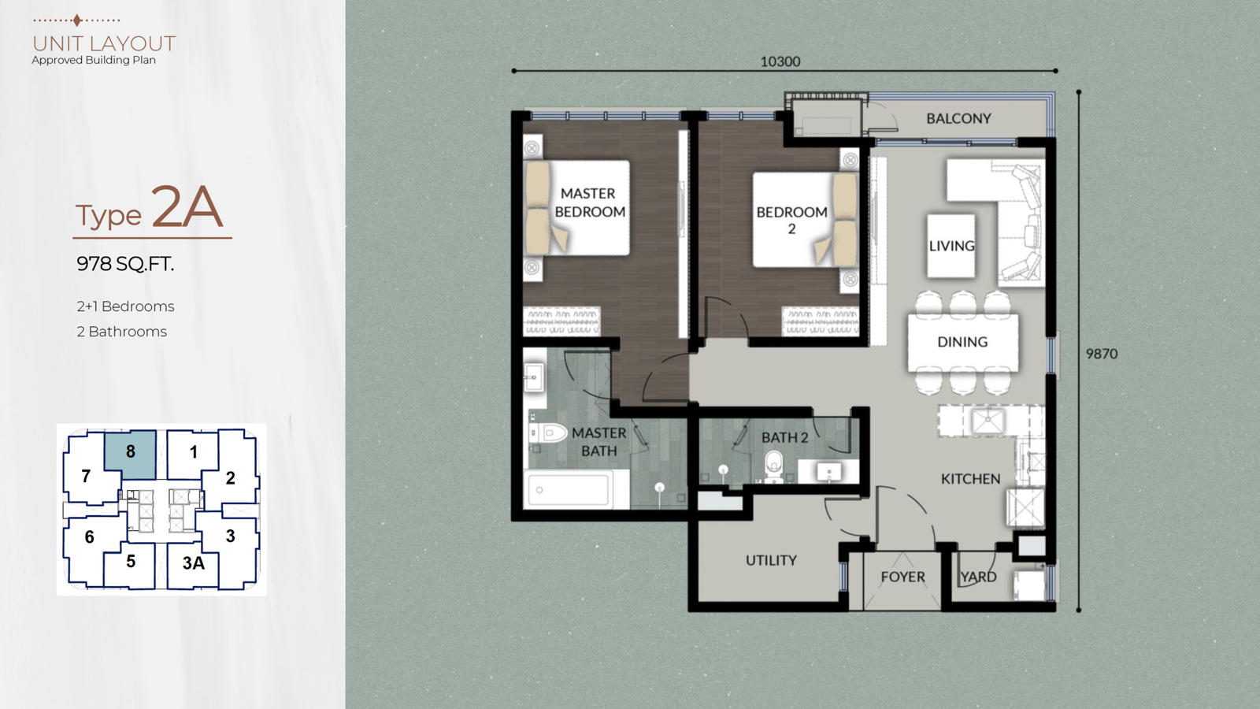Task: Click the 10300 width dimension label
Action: (780, 61)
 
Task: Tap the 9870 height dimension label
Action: (1102, 354)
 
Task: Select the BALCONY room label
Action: (958, 119)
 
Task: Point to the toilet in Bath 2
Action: (774, 465)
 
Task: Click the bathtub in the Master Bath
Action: (569, 489)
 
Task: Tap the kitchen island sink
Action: (988, 421)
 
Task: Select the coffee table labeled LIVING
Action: (951, 245)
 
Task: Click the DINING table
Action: (962, 342)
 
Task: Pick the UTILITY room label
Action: (771, 560)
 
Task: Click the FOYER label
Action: (902, 577)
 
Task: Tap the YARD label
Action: (978, 577)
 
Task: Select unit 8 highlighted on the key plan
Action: (131, 455)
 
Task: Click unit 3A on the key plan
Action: (193, 563)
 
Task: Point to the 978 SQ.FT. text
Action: (125, 264)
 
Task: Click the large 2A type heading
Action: (186, 208)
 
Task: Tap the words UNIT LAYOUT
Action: (104, 43)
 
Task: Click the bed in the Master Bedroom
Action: (577, 208)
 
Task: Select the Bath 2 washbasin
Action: (828, 472)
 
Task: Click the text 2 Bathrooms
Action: (121, 332)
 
